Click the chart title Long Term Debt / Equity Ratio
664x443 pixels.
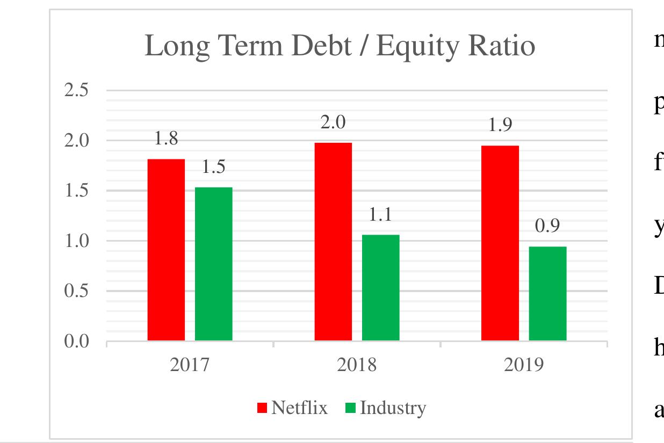340,47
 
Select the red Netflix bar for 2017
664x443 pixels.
166,250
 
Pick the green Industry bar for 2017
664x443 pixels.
213,264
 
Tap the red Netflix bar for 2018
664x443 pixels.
333,242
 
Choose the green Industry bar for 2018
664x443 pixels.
380,287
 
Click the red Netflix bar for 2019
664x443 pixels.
500,243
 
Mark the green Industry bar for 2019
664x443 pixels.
547,293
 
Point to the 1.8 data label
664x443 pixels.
166,139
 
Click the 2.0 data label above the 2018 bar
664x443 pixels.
333,122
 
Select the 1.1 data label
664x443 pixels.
380,215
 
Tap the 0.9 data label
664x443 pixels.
547,226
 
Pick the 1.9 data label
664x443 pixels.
500,125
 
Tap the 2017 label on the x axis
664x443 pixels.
190,365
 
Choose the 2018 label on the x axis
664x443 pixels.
357,365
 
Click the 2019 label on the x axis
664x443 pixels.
524,365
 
